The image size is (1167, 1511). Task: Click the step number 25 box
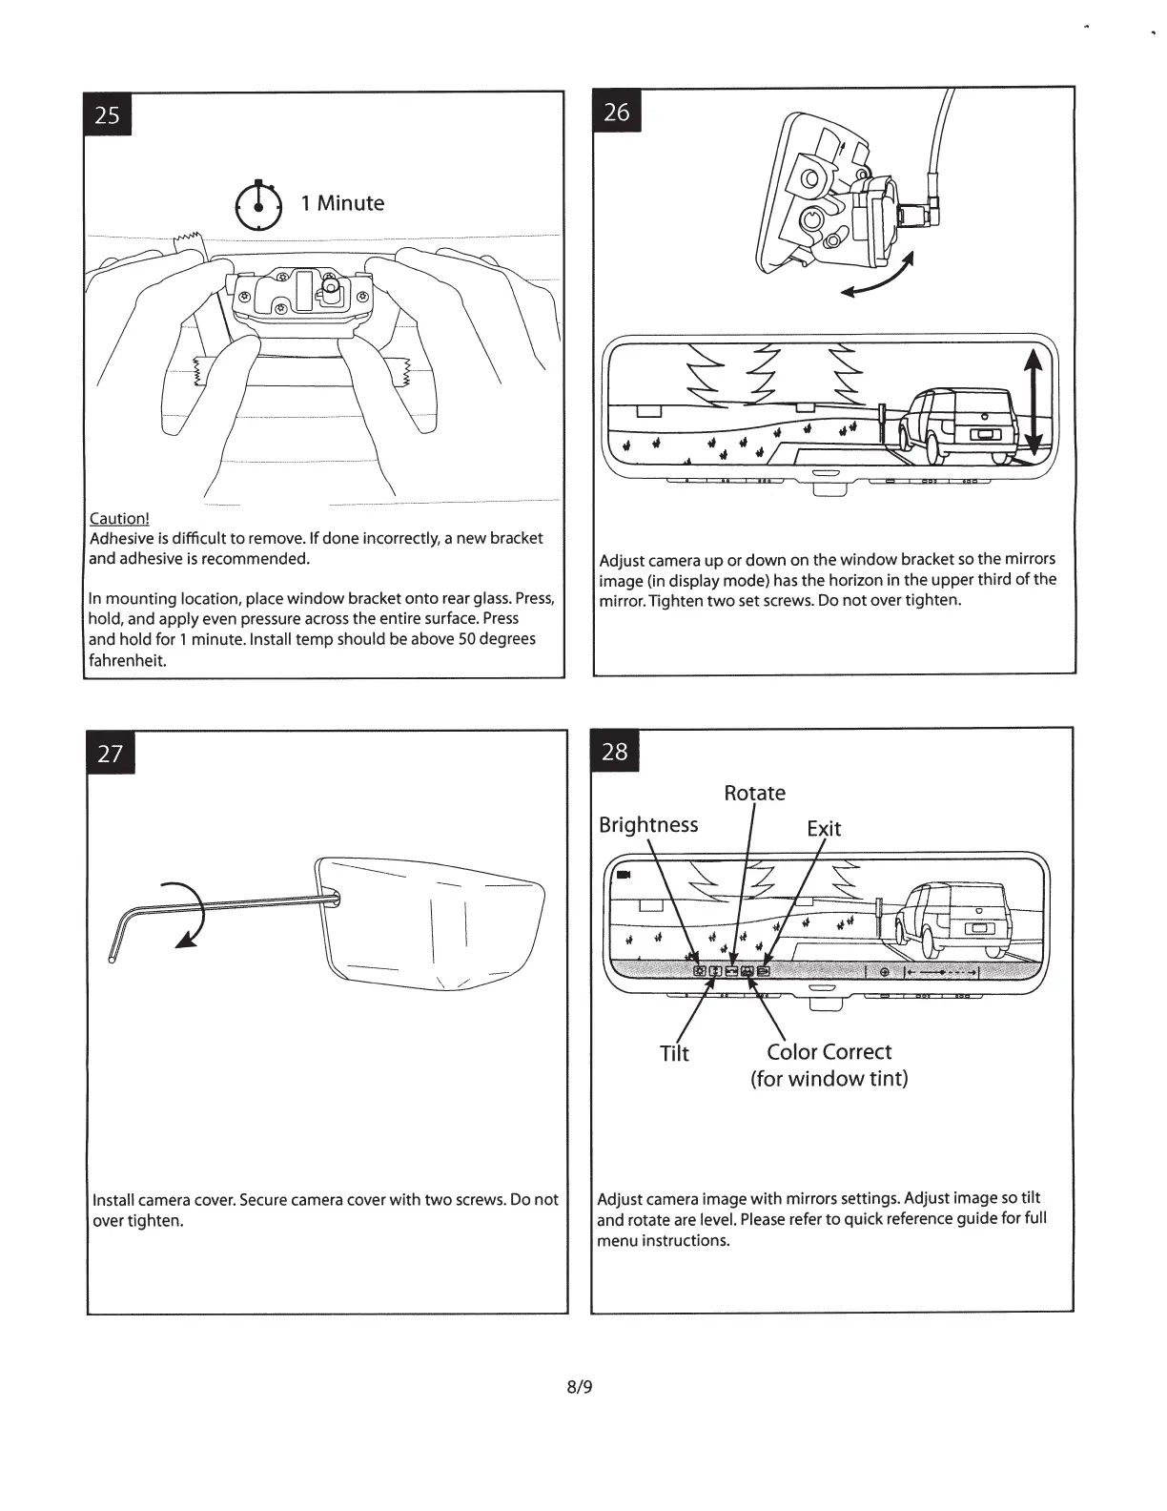(108, 115)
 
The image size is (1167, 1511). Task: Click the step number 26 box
(617, 113)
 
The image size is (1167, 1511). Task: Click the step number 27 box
(111, 754)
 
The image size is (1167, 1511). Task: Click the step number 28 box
(615, 752)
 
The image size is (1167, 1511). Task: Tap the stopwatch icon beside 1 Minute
(258, 205)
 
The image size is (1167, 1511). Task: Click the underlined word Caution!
(119, 518)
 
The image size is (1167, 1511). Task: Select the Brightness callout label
(648, 825)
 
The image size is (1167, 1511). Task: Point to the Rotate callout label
(754, 794)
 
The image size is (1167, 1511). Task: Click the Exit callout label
(824, 828)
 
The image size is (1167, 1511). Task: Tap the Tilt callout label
(674, 1053)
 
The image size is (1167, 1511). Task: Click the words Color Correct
(829, 1052)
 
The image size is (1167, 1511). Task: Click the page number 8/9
(580, 1387)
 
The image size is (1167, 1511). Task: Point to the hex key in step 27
(219, 908)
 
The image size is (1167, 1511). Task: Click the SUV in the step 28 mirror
(953, 921)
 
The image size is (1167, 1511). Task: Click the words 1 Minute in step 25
(342, 203)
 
